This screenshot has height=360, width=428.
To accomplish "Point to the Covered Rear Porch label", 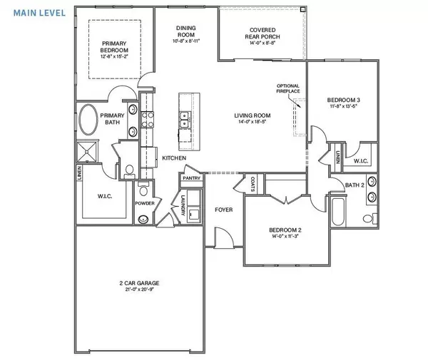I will tap(263, 34).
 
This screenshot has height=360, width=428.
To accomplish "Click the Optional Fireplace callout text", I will tap(287, 88).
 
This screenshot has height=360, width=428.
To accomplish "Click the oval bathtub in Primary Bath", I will tap(89, 120).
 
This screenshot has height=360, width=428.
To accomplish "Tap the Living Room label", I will tap(251, 115).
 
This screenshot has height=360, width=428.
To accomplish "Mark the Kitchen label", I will tap(174, 158).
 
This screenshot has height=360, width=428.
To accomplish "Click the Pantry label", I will tap(190, 169).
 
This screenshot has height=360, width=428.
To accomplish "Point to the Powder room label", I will tap(146, 203).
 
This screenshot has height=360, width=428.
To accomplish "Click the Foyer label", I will tap(225, 210).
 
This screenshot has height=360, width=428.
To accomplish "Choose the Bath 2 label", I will tap(355, 185).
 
